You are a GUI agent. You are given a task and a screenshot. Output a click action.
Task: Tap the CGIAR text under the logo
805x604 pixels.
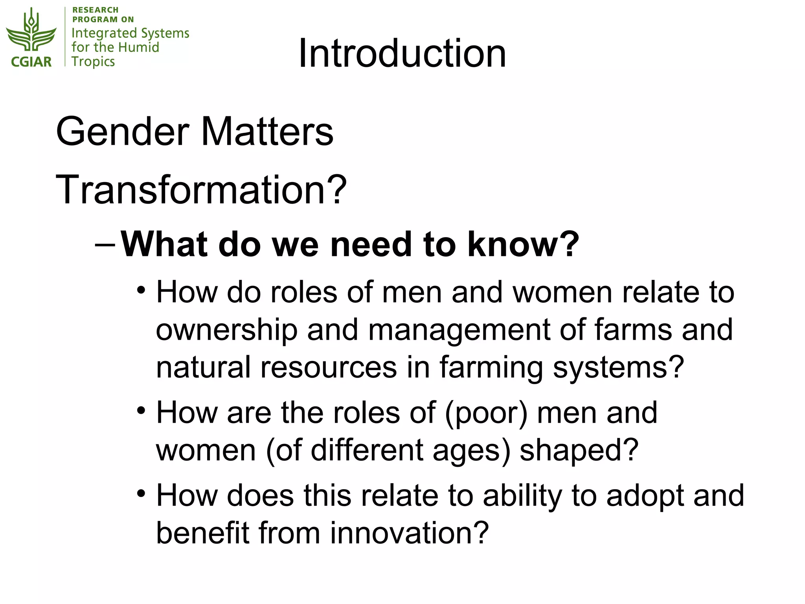click(x=31, y=62)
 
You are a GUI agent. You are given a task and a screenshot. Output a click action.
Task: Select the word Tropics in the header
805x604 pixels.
click(x=93, y=62)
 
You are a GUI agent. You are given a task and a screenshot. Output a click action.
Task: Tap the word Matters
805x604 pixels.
click(x=267, y=131)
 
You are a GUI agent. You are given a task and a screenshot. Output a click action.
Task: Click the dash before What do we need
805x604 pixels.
click(x=105, y=245)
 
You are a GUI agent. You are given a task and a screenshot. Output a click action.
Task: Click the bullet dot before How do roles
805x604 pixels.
click(x=141, y=291)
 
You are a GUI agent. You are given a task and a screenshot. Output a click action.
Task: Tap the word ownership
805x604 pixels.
click(x=227, y=330)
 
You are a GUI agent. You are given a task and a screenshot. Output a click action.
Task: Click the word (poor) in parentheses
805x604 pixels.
click(x=486, y=413)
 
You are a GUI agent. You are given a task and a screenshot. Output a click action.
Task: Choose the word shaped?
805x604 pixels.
click(x=579, y=450)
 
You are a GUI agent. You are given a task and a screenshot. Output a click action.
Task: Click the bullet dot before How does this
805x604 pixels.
click(x=141, y=494)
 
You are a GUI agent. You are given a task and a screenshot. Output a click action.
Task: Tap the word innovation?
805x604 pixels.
click(x=409, y=533)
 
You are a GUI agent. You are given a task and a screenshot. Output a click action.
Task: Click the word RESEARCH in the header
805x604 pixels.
click(x=96, y=10)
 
